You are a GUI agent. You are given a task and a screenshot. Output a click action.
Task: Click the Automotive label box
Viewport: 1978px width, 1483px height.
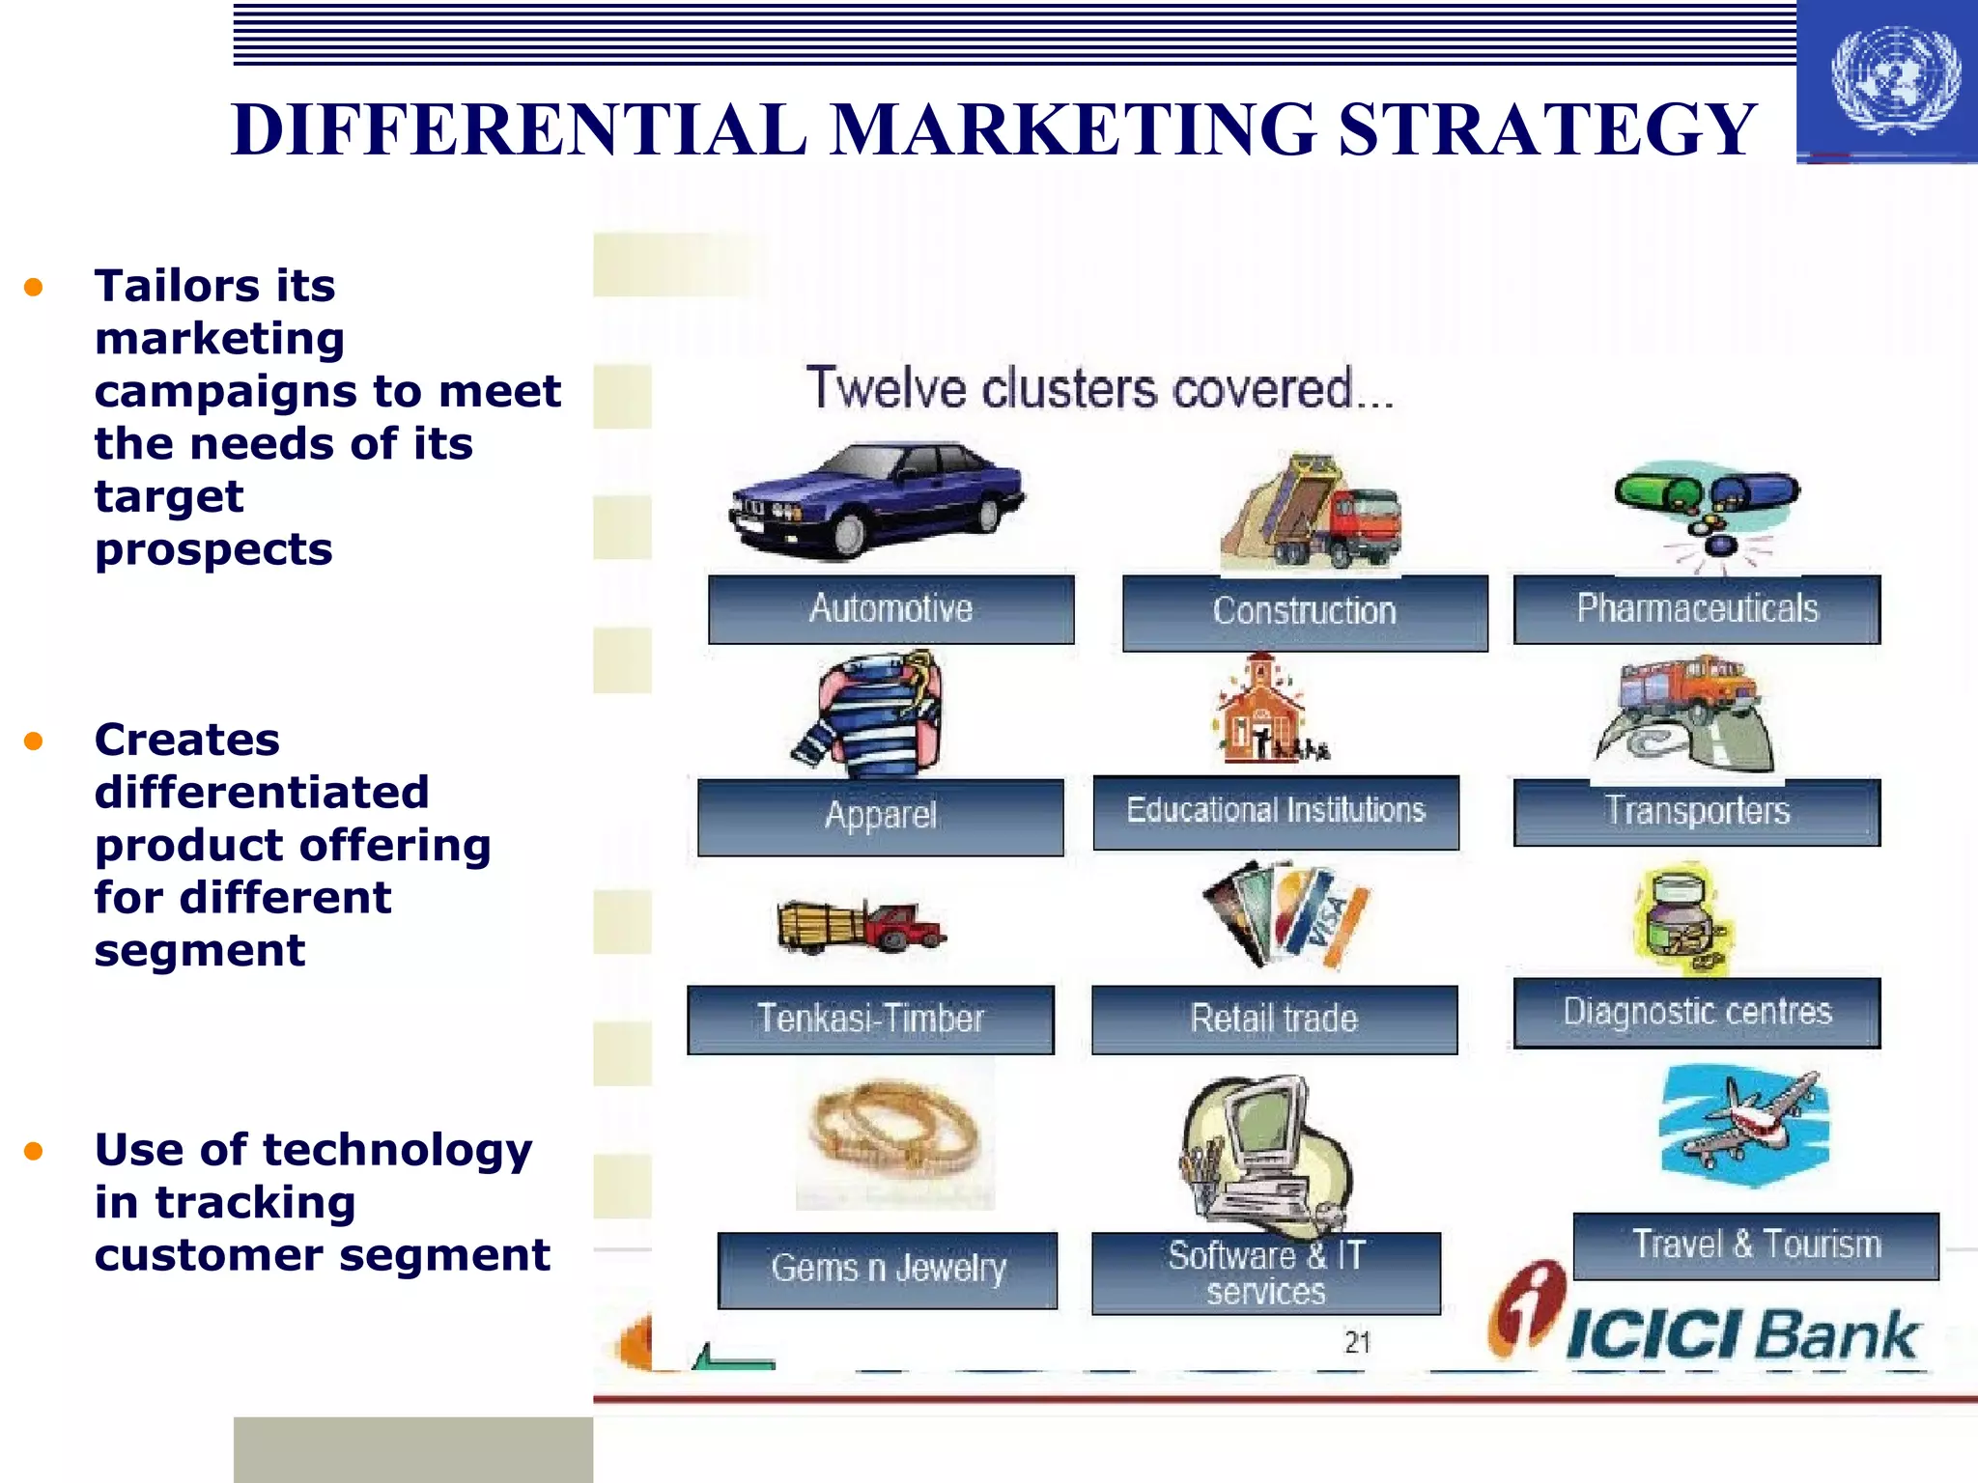890,609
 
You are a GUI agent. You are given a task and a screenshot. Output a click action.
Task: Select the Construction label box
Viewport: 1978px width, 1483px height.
1304,612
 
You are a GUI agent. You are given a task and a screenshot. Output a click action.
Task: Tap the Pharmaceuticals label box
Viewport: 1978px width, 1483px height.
1696,609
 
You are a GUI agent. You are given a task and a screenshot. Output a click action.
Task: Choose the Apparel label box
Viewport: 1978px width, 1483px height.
880,816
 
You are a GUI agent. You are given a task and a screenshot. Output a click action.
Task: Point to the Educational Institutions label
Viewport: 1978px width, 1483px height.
1275,811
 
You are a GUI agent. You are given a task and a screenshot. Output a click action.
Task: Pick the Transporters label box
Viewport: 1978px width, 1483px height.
1696,812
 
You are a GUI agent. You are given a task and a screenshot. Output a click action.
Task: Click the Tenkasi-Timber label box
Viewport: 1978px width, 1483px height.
870,1019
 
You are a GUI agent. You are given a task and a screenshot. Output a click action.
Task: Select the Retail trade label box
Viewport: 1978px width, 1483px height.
1274,1019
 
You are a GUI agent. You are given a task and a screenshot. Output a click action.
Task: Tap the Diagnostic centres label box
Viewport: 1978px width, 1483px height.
1696,1012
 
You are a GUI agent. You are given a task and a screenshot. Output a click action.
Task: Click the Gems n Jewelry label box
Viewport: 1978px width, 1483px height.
888,1269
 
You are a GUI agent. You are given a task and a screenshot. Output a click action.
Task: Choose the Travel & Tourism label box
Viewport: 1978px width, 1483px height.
1755,1245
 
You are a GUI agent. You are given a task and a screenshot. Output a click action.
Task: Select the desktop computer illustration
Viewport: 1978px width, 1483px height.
1261,1155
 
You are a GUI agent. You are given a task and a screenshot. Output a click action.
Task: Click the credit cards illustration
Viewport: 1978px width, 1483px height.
1285,913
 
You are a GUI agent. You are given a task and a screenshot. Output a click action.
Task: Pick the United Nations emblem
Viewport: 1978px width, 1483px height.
1895,80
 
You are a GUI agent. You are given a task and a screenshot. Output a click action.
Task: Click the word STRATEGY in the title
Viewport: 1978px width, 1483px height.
1546,129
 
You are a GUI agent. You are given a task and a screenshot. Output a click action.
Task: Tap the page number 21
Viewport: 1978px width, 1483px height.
1357,1342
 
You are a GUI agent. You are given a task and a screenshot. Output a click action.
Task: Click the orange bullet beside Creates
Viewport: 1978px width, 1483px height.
34,741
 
